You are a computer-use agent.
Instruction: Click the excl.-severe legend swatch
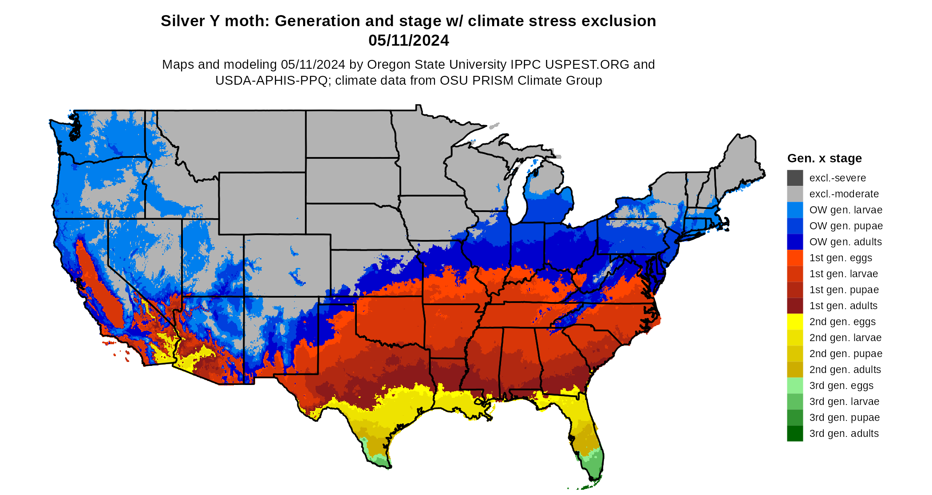[x=795, y=178]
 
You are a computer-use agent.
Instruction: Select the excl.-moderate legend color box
[x=795, y=194]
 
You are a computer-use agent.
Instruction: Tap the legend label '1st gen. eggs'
[x=841, y=258]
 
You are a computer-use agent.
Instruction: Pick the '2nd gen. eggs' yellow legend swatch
[x=795, y=322]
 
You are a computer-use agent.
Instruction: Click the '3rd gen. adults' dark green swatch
[x=795, y=433]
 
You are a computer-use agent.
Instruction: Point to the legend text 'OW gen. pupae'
[x=846, y=226]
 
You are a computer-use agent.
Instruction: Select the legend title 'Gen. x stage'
[x=824, y=158]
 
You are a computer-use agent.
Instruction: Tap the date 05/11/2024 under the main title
[x=408, y=41]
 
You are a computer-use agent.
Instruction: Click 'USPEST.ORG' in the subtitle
[x=587, y=65]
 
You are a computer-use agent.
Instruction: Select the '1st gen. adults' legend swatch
[x=795, y=306]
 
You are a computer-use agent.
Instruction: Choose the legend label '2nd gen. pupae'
[x=845, y=354]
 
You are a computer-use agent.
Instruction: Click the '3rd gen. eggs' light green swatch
[x=795, y=385]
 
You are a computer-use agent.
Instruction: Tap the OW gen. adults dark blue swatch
[x=795, y=242]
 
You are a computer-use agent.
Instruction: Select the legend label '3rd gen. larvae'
[x=844, y=401]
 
